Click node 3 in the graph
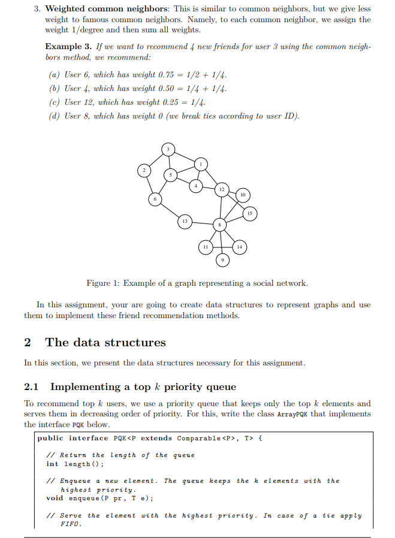pyautogui.click(x=168, y=149)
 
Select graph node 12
pyautogui.click(x=222, y=189)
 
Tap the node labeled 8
pyautogui.click(x=221, y=224)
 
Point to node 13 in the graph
pyautogui.click(x=185, y=222)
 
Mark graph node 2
pyautogui.click(x=143, y=171)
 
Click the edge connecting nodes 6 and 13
pyautogui.click(x=170, y=210)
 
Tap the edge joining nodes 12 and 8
pyautogui.click(x=221, y=207)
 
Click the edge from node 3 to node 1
pyautogui.click(x=186, y=156)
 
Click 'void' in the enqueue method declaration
pyautogui.click(x=55, y=498)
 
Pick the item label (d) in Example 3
pyautogui.click(x=53, y=116)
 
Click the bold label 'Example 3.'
pyautogui.click(x=67, y=47)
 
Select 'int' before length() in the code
pyautogui.click(x=53, y=464)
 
